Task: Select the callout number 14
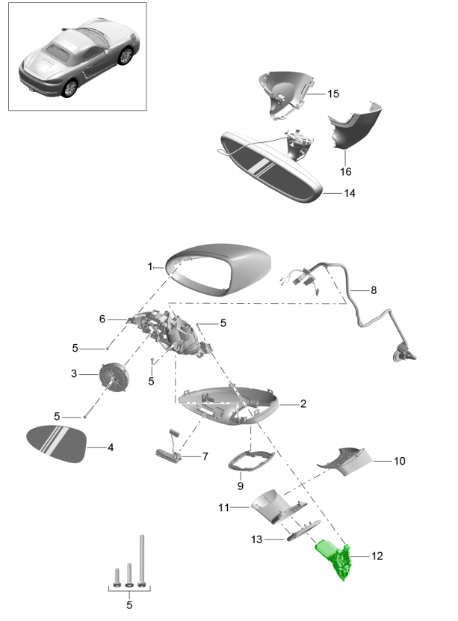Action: coord(349,193)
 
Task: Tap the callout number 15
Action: coord(332,94)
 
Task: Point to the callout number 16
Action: coord(346,171)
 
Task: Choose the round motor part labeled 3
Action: coord(115,373)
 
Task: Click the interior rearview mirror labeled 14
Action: coord(273,163)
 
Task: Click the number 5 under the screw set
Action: coord(129,604)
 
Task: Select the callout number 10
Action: coord(399,461)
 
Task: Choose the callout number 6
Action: coord(102,318)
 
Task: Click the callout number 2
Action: coord(303,404)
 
